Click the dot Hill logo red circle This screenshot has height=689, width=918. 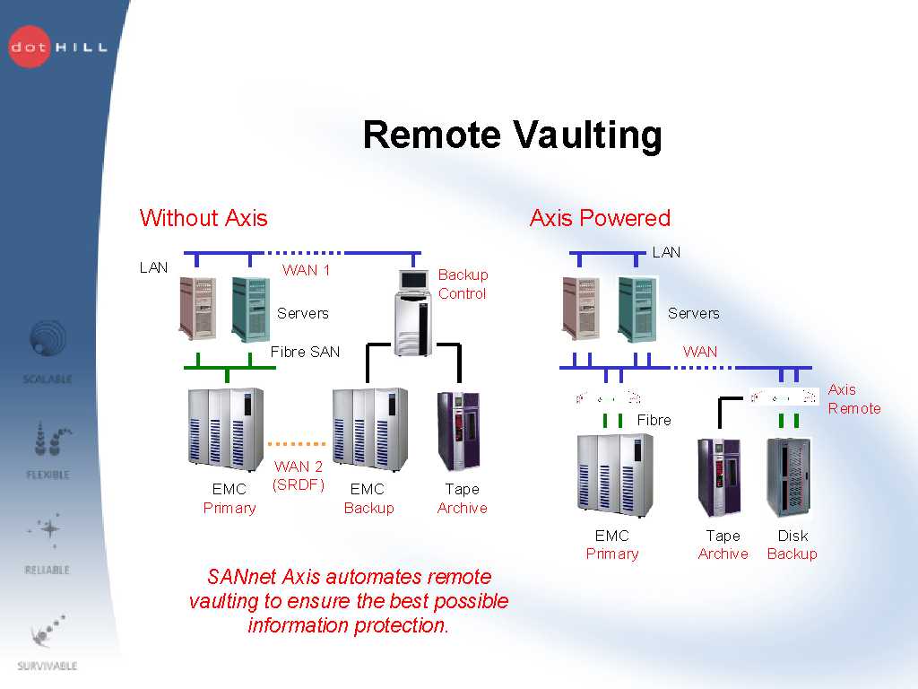[30, 46]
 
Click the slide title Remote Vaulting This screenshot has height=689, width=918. [512, 135]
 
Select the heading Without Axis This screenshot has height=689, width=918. [204, 218]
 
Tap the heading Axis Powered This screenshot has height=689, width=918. [600, 218]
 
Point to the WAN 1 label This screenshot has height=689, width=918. [306, 270]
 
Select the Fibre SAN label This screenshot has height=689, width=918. [306, 352]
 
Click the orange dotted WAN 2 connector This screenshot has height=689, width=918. [296, 443]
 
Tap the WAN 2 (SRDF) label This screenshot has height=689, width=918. [299, 475]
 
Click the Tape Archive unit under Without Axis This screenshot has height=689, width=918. [459, 431]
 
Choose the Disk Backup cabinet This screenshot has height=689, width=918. [788, 477]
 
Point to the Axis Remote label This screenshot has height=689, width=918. [853, 399]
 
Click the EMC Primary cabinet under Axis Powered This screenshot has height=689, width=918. [614, 475]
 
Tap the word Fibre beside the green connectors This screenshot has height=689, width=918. [654, 420]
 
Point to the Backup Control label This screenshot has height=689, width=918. [463, 283]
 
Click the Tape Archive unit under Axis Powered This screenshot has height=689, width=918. [720, 477]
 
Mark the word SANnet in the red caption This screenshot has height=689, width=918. [237, 577]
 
